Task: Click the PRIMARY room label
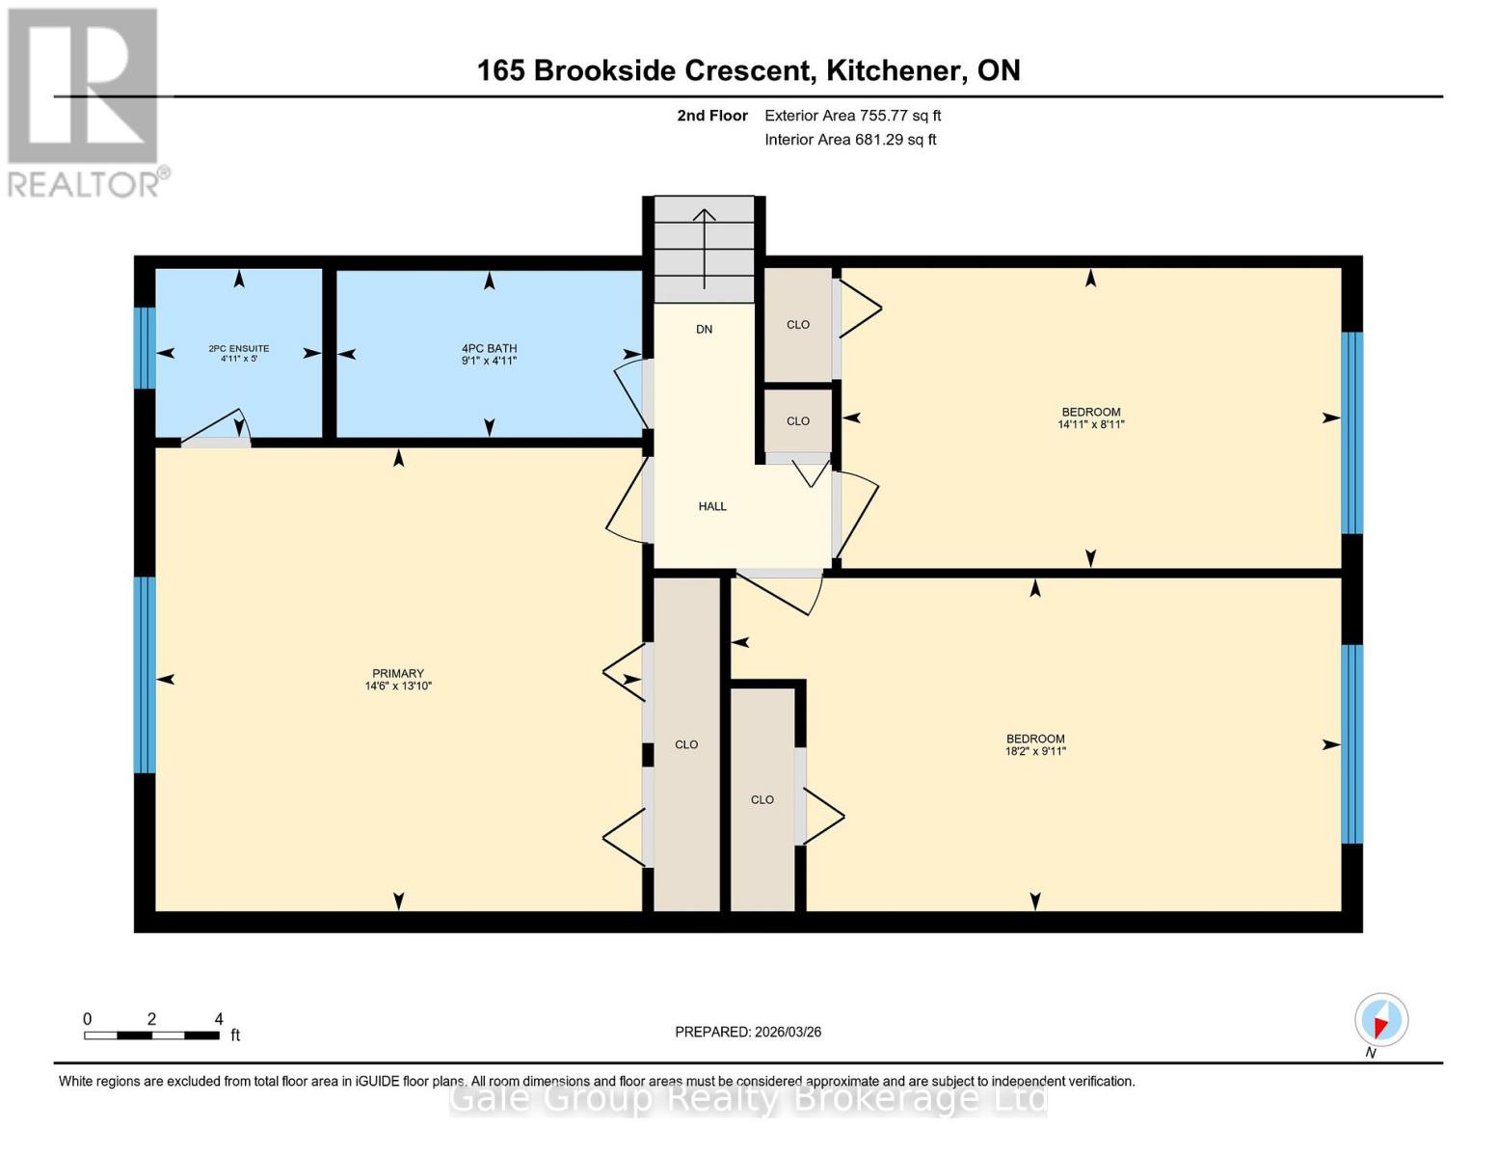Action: click(x=397, y=673)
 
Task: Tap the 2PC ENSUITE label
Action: click(x=238, y=348)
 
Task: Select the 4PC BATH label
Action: click(x=489, y=348)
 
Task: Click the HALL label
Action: click(x=712, y=506)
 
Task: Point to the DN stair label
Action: click(x=704, y=329)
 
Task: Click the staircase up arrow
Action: click(x=705, y=246)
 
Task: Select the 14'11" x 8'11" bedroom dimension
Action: click(x=1090, y=424)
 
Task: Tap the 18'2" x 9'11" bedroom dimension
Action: click(x=1035, y=751)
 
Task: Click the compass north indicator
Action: click(x=1380, y=1020)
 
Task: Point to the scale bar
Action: click(x=151, y=1036)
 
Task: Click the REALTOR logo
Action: click(x=85, y=102)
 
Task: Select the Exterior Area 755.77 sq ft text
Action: click(x=852, y=116)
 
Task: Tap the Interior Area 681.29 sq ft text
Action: click(x=850, y=140)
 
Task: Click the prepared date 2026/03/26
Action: click(x=747, y=1032)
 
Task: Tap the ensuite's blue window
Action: click(x=145, y=347)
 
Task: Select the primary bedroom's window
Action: click(x=145, y=675)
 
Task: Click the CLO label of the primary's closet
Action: click(x=686, y=744)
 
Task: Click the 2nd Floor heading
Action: click(x=712, y=116)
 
